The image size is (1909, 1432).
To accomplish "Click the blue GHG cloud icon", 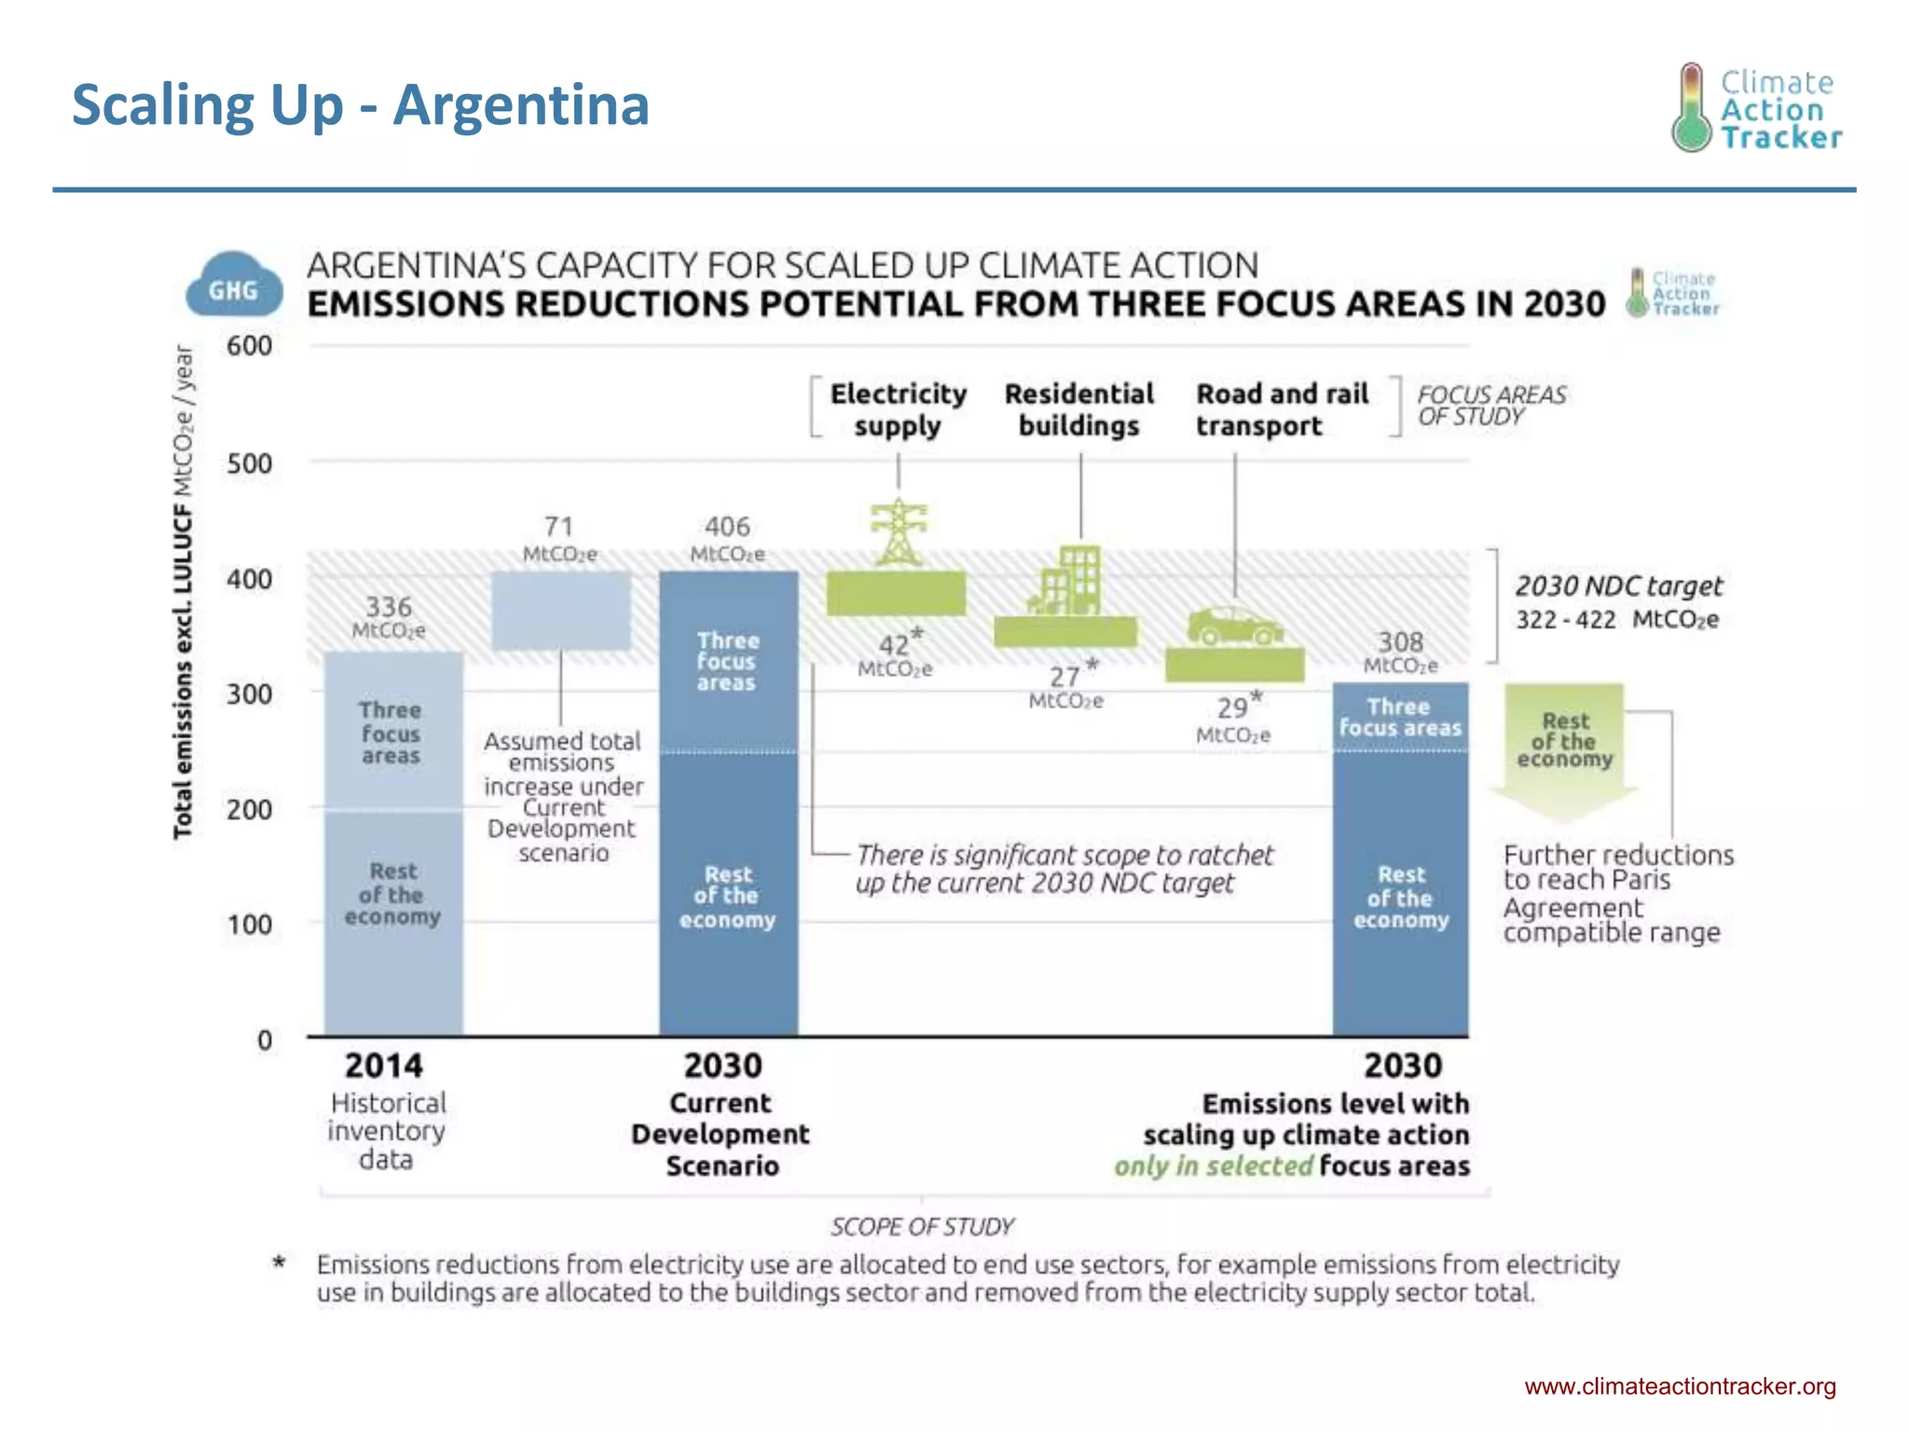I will (233, 285).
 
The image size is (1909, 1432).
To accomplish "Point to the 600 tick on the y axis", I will (249, 346).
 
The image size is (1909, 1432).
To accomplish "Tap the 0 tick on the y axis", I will (265, 1040).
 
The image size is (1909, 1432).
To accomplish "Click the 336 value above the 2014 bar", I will (388, 608).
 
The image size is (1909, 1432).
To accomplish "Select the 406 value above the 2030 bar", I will (727, 528).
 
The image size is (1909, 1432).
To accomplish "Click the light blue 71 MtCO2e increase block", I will (561, 611).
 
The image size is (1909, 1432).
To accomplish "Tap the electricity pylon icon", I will (898, 532).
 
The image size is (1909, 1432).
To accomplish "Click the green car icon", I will (1234, 626).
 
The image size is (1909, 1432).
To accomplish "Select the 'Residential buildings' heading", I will (1078, 409).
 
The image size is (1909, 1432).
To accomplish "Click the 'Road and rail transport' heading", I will (1282, 409).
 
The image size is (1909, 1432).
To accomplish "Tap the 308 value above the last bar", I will (1400, 642).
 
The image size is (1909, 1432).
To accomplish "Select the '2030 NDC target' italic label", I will (1618, 585).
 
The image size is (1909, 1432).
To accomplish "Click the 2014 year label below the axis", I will (383, 1066).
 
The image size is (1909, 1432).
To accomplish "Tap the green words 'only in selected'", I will (1213, 1166).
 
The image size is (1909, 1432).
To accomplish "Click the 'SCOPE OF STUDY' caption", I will (922, 1226).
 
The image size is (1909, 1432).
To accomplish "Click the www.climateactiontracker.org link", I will (1680, 1386).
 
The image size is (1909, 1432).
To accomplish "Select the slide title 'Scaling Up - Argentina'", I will (360, 104).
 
